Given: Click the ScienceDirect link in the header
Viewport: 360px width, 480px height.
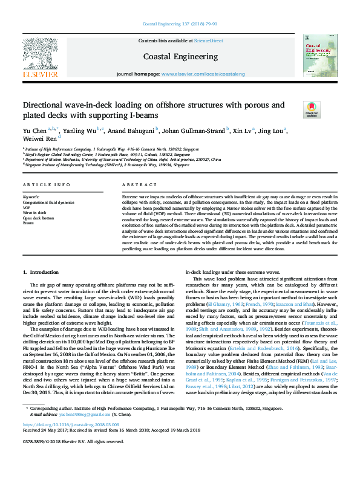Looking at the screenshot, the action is coord(208,41).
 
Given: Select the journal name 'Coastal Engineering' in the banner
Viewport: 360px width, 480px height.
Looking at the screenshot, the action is coord(180,56).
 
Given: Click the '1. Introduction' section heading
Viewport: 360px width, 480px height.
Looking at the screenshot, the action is coord(41,273).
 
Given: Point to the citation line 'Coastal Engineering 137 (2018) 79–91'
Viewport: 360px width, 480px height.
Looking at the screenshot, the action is coord(180,24).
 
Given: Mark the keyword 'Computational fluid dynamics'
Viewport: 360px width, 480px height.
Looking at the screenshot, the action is coord(48,203).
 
